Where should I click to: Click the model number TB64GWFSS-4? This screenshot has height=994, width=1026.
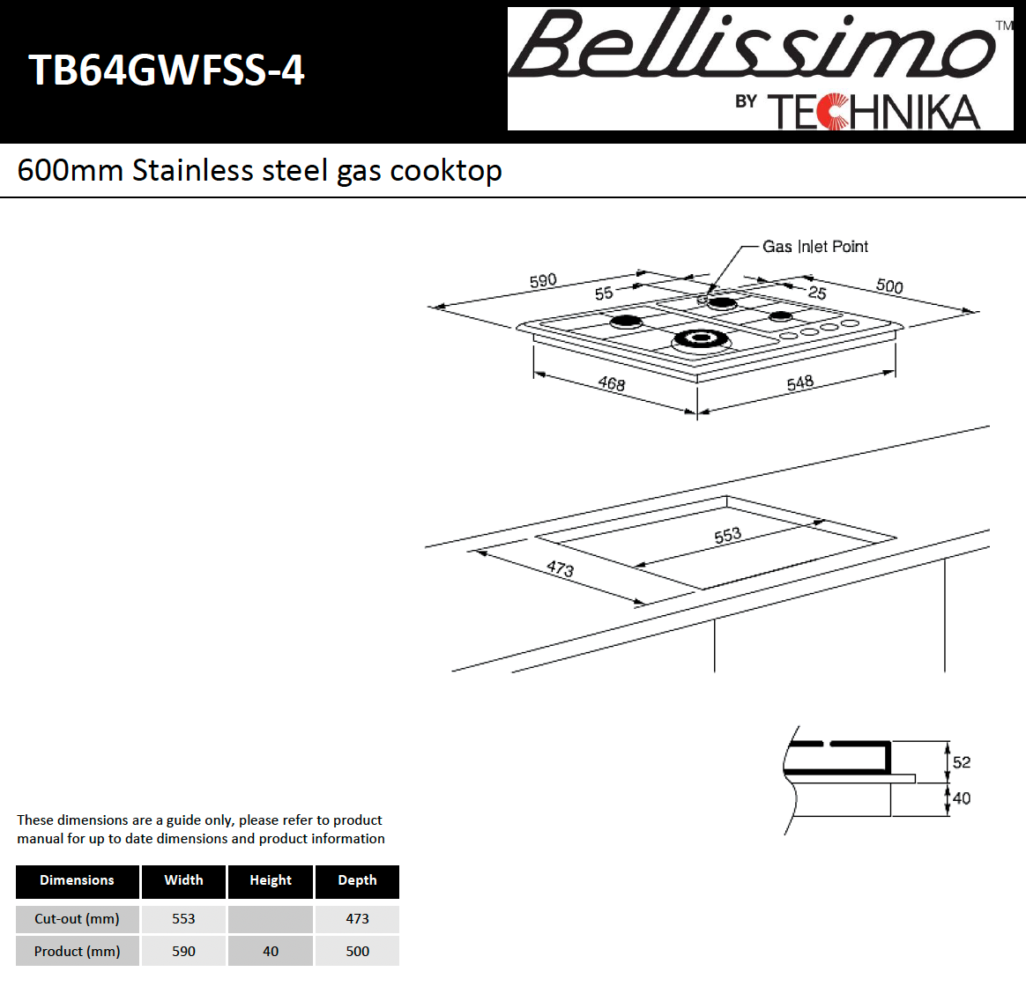pos(166,70)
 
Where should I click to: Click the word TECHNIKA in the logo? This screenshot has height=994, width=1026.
pos(874,112)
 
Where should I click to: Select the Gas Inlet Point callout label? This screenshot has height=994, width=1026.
pos(814,247)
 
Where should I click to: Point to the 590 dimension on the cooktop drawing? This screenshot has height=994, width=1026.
pos(543,280)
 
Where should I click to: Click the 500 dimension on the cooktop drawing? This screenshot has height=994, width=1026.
pos(889,286)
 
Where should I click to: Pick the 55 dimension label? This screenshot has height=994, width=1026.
pos(604,293)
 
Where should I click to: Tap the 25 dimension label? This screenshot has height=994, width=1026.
pos(817,293)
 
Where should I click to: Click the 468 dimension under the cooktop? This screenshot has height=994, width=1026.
pos(611,383)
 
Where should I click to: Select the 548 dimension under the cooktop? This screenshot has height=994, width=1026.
pos(799,382)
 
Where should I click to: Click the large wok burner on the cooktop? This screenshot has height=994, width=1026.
pos(702,339)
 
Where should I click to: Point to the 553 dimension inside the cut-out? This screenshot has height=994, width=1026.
pos(727,536)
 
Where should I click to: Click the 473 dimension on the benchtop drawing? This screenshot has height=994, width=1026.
pos(560,568)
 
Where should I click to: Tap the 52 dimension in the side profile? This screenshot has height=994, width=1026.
pos(962,762)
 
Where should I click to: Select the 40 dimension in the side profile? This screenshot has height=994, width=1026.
pos(962,798)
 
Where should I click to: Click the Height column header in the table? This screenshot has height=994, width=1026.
pos(270,880)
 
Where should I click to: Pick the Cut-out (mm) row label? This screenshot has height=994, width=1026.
pos(77,918)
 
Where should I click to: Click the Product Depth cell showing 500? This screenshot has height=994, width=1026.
pos(357,951)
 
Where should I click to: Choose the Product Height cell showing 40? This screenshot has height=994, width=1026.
pos(270,951)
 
